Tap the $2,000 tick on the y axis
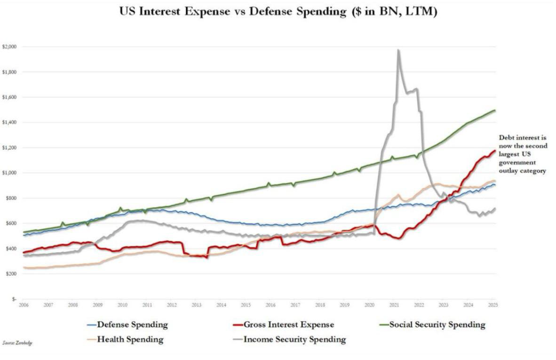[9, 47]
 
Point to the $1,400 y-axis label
[9, 122]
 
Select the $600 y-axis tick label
[10, 223]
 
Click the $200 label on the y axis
[10, 274]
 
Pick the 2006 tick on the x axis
[24, 305]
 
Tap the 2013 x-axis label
[197, 305]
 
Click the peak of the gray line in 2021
[398, 50]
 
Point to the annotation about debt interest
[522, 155]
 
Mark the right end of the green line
[495, 110]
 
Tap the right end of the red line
[494, 150]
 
